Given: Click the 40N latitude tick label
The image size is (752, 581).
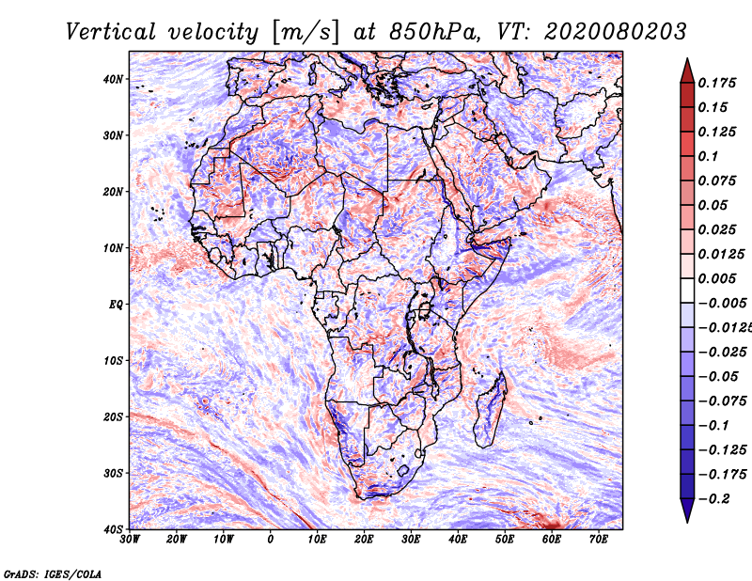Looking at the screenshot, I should click(113, 79).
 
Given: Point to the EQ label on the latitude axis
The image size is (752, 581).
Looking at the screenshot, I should click(116, 304).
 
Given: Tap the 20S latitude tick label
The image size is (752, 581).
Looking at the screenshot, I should click(113, 416).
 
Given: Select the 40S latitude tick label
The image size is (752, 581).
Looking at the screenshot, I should click(113, 528).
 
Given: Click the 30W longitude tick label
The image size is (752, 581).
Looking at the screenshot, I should click(130, 540).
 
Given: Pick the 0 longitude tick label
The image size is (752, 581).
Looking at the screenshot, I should click(271, 540).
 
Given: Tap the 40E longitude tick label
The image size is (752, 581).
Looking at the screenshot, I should click(458, 540).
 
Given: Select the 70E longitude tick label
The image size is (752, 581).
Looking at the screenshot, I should click(598, 540).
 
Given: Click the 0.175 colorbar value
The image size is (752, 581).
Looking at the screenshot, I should click(715, 83).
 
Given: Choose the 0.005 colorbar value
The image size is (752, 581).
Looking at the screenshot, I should click(715, 278).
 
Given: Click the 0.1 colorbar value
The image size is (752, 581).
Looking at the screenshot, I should click(706, 156).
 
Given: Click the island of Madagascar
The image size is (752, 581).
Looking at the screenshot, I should click(490, 408).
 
